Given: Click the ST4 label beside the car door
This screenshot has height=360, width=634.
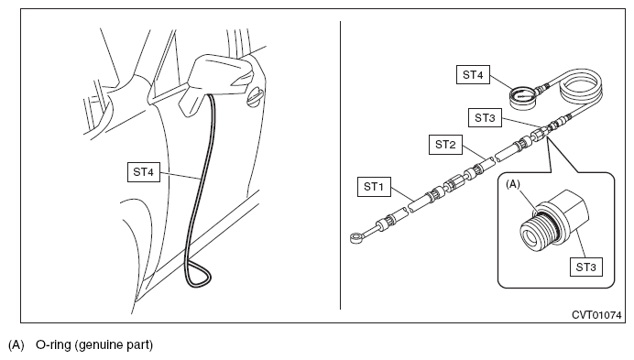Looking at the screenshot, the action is (144, 172).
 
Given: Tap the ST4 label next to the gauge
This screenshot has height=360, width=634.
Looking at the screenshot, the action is (473, 75).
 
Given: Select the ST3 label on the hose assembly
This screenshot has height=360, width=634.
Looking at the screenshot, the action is (485, 117).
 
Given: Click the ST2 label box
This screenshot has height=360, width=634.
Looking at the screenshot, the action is (445, 145).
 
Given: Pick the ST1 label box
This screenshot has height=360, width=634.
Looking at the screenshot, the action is (374, 187).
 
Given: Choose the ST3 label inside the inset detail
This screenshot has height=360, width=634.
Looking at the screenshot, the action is (585, 267).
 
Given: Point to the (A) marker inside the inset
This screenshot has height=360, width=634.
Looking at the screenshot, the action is (513, 184).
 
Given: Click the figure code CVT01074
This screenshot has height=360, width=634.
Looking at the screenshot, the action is (596, 315).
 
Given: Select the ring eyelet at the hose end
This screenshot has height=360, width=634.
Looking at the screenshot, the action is (356, 237).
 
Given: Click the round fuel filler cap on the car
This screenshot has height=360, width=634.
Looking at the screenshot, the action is (254, 97).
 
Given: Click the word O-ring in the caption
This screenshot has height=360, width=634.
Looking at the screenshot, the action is (53, 345).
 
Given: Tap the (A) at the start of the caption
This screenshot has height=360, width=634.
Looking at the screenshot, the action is (16, 345).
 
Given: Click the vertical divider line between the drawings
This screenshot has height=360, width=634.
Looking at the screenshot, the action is (341, 166).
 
